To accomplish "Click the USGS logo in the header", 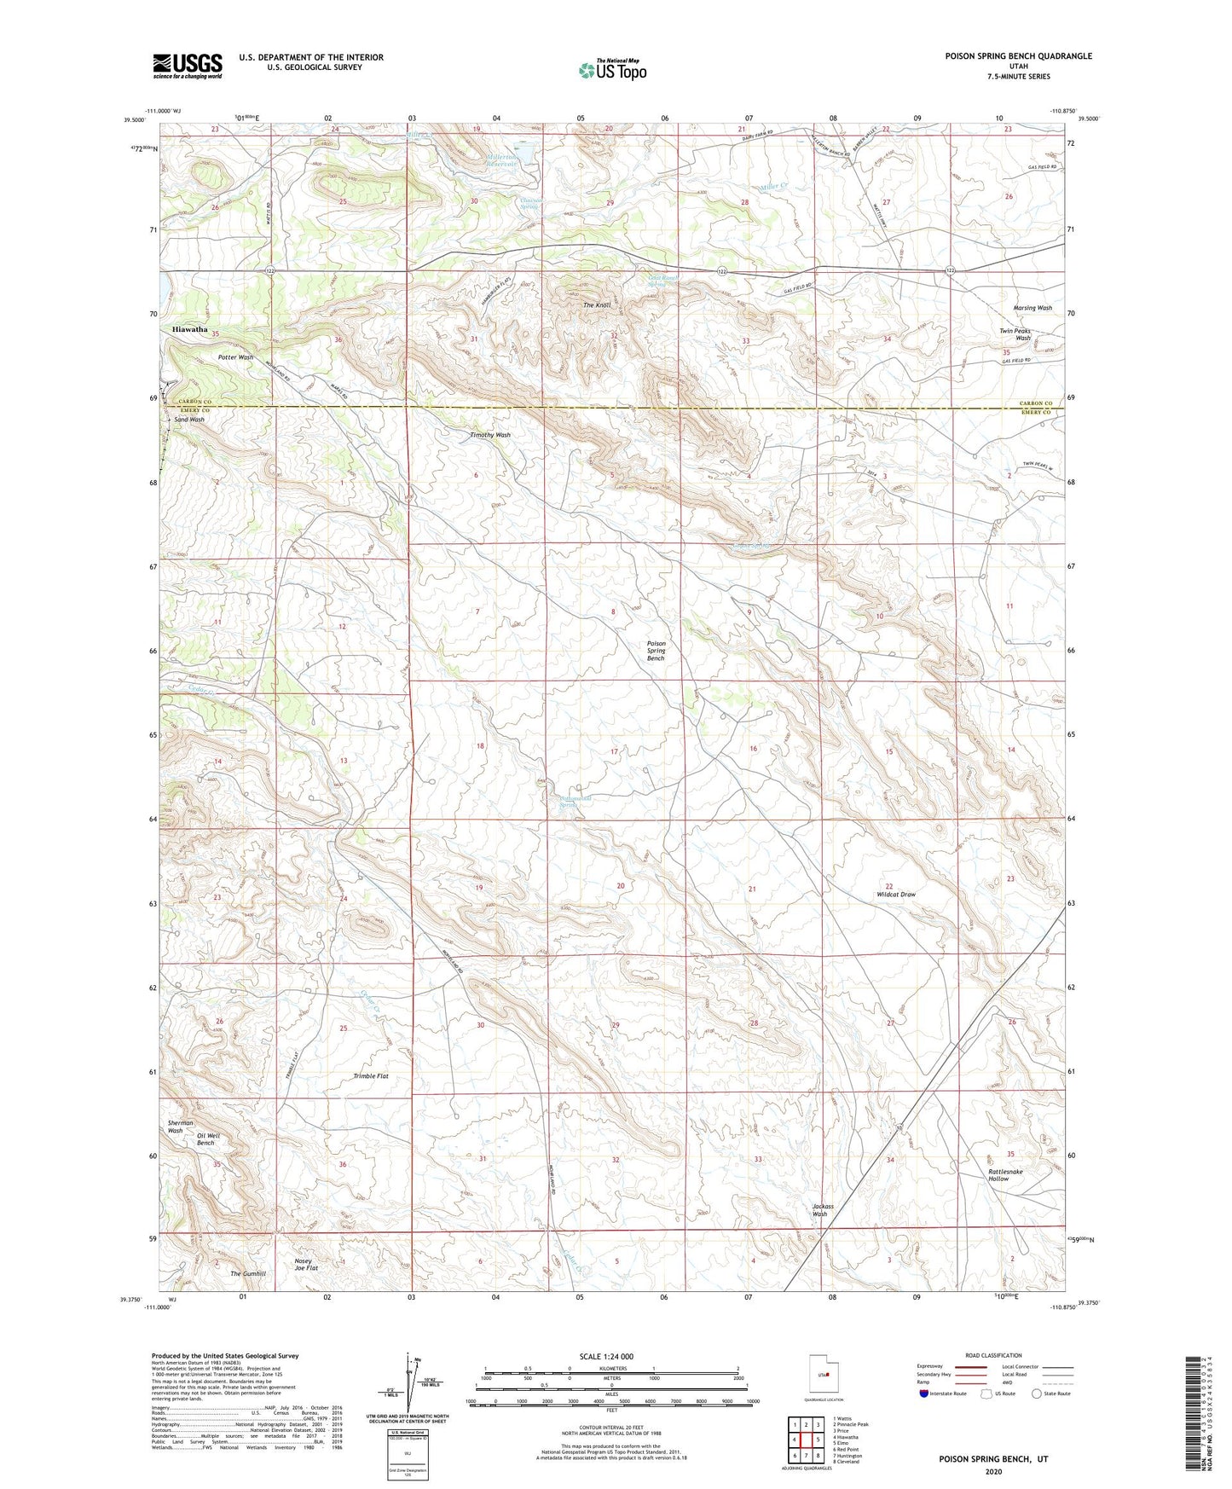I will coord(188,66).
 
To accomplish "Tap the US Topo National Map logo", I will coord(612,69).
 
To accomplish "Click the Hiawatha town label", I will coord(189,329).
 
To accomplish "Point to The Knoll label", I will coord(597,305).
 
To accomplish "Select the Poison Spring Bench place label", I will coord(656,652).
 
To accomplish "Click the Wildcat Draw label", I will coord(896,895).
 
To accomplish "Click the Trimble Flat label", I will coord(371,1076).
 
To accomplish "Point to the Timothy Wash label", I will coord(490,435).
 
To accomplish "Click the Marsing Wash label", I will coord(1032,308).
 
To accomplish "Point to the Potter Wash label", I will coord(235,357).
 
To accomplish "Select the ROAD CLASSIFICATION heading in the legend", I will coord(993,1355).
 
